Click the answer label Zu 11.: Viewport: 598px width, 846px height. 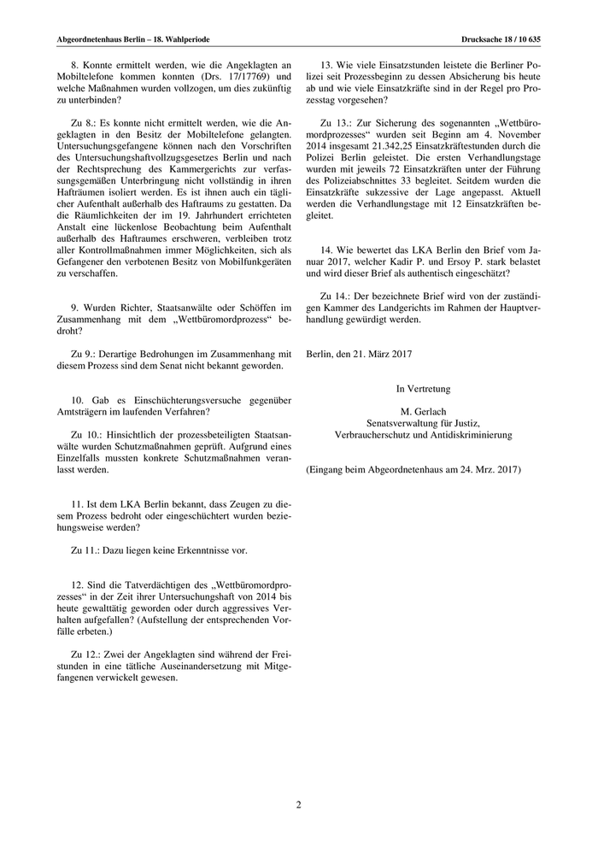click(x=85, y=550)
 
